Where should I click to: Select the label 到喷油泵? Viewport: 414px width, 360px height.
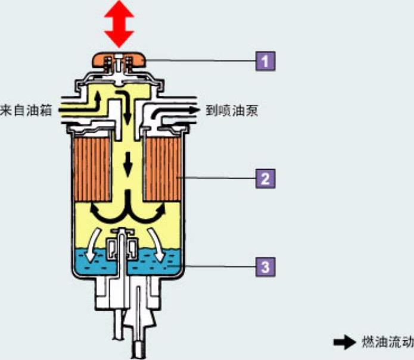click(x=232, y=110)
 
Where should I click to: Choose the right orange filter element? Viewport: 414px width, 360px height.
click(x=162, y=168)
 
